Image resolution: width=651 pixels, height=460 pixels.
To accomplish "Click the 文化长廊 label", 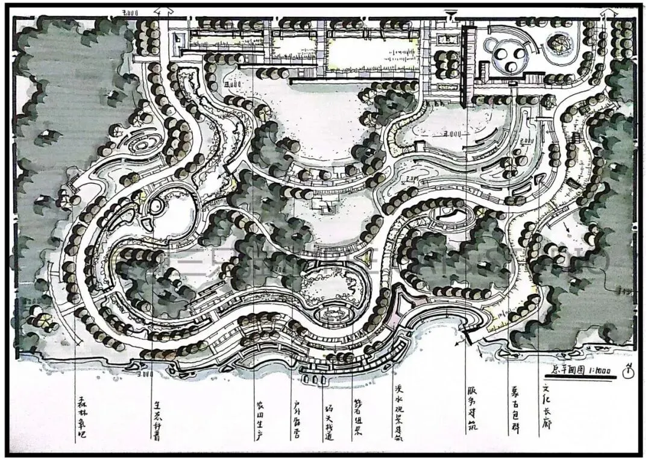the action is point(546,408).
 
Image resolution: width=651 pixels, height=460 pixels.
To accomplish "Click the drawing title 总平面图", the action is point(569,369).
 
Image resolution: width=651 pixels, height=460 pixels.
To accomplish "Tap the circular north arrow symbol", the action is point(629,370).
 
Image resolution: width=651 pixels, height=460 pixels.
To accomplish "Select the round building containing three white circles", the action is point(510,58).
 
